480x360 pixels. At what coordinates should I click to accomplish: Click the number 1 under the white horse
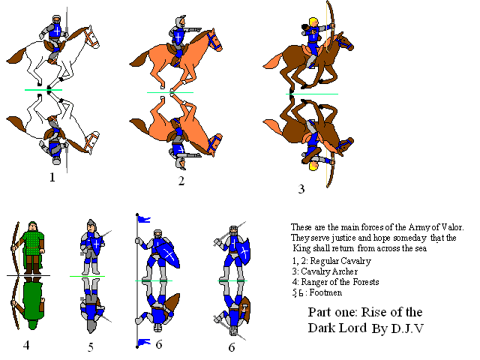click(x=52, y=177)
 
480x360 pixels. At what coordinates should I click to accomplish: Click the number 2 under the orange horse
click(x=181, y=181)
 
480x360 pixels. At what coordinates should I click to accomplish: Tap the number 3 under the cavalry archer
click(x=301, y=189)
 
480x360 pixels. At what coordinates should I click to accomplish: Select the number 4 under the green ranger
click(x=26, y=345)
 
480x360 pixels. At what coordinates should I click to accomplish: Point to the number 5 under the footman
click(x=91, y=347)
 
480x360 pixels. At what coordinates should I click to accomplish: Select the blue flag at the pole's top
click(x=144, y=219)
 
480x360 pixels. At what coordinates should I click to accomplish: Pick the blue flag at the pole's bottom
click(x=144, y=342)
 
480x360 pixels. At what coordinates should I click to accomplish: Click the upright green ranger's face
click(x=32, y=227)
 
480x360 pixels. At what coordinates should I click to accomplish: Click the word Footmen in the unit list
click(x=325, y=292)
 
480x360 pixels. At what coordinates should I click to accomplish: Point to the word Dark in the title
click(x=321, y=328)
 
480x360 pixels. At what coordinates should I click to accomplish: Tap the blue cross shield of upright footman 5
click(x=97, y=245)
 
